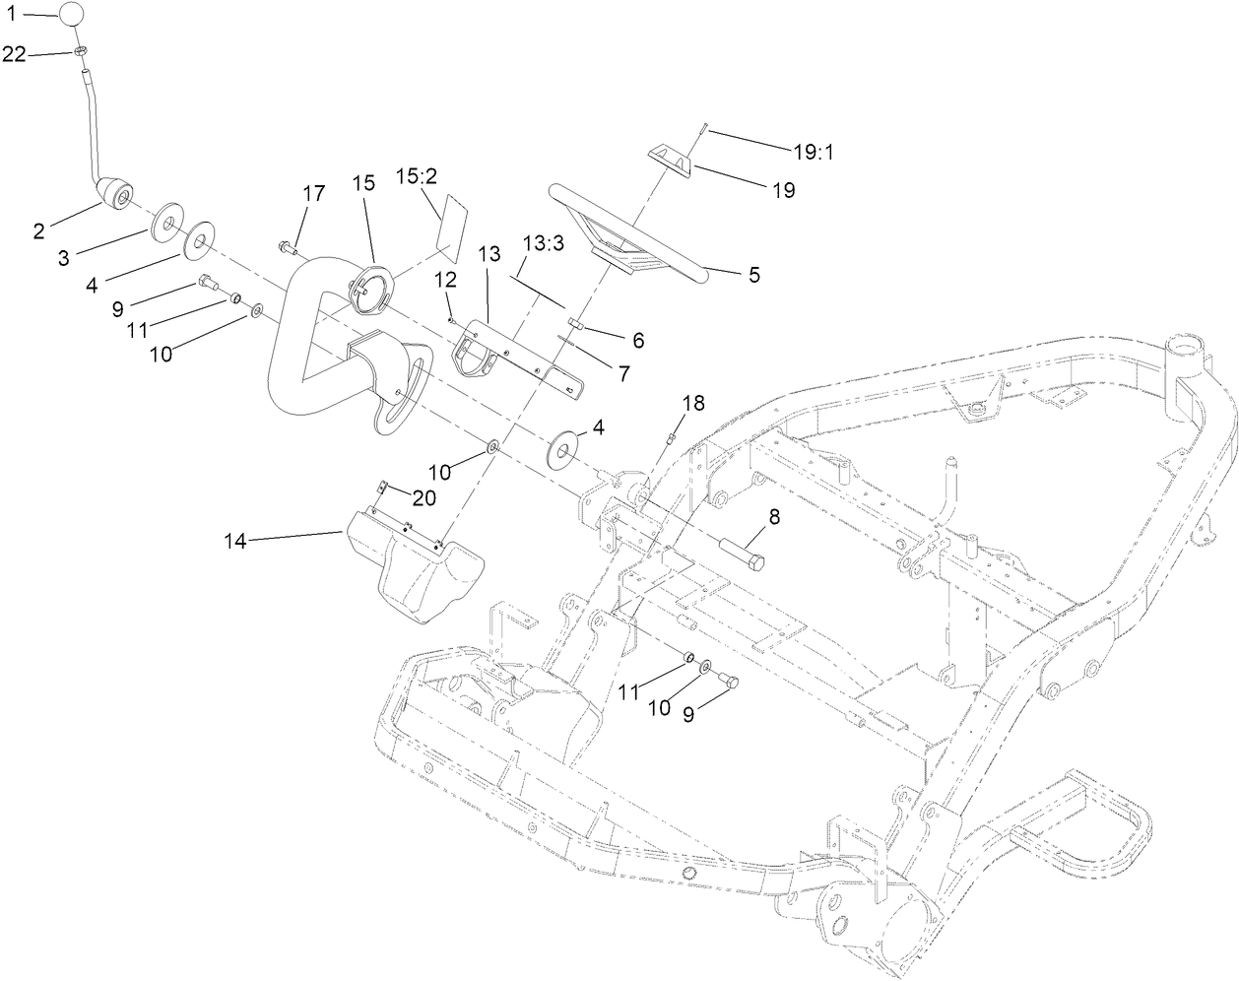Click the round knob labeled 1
coord(73,15)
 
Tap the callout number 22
coord(14,55)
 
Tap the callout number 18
coord(693,403)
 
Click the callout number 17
coord(313,194)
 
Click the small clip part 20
coord(385,487)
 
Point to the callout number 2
coord(38,231)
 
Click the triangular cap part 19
coord(678,158)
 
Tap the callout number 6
coord(638,340)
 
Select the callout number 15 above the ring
coord(364,183)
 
